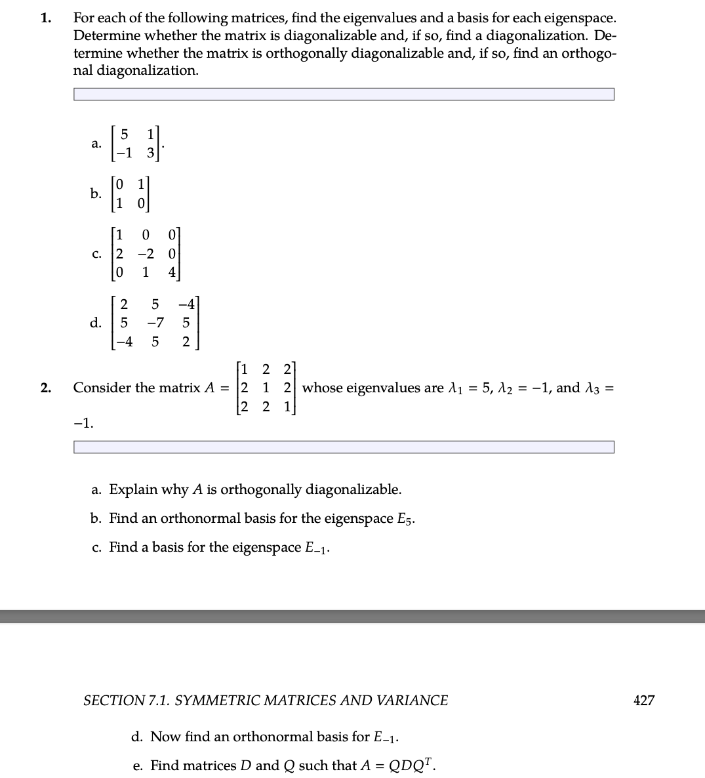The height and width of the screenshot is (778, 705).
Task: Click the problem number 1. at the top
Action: click(x=45, y=18)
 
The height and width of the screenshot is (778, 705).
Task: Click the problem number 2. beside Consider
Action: click(x=45, y=388)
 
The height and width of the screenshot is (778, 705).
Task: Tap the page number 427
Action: click(x=643, y=701)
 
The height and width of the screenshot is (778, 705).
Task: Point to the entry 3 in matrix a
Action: click(x=150, y=154)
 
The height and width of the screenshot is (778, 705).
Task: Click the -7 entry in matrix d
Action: click(x=155, y=323)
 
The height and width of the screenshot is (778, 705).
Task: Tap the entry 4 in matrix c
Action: click(x=172, y=272)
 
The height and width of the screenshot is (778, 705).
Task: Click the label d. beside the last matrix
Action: click(x=96, y=323)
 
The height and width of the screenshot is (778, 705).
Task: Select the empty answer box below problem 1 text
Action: click(x=344, y=95)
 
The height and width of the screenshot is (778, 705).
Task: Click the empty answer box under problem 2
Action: click(x=344, y=447)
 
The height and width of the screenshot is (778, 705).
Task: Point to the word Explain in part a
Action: click(x=133, y=489)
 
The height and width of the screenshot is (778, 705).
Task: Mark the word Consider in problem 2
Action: click(x=102, y=388)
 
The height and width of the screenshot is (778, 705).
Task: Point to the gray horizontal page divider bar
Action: click(x=352, y=617)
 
